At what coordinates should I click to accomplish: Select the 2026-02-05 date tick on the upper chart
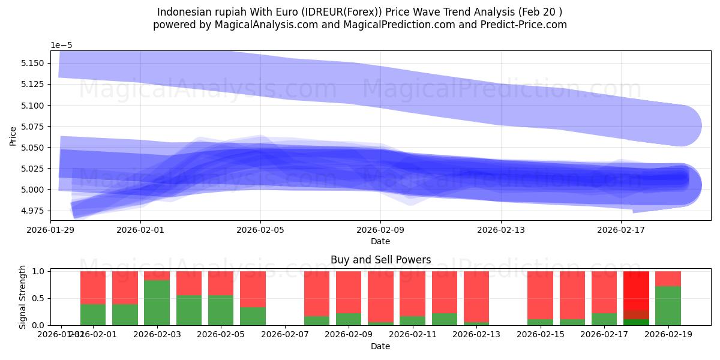[260, 229]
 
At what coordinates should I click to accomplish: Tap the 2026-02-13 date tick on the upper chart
[500, 229]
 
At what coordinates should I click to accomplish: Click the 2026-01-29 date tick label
[50, 229]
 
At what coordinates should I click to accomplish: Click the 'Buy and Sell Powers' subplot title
[380, 260]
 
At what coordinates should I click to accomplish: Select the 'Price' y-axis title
[13, 136]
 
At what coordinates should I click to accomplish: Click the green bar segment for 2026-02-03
[157, 303]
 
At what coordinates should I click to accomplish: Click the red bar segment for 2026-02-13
[476, 296]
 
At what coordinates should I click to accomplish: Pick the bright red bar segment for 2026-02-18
[636, 290]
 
